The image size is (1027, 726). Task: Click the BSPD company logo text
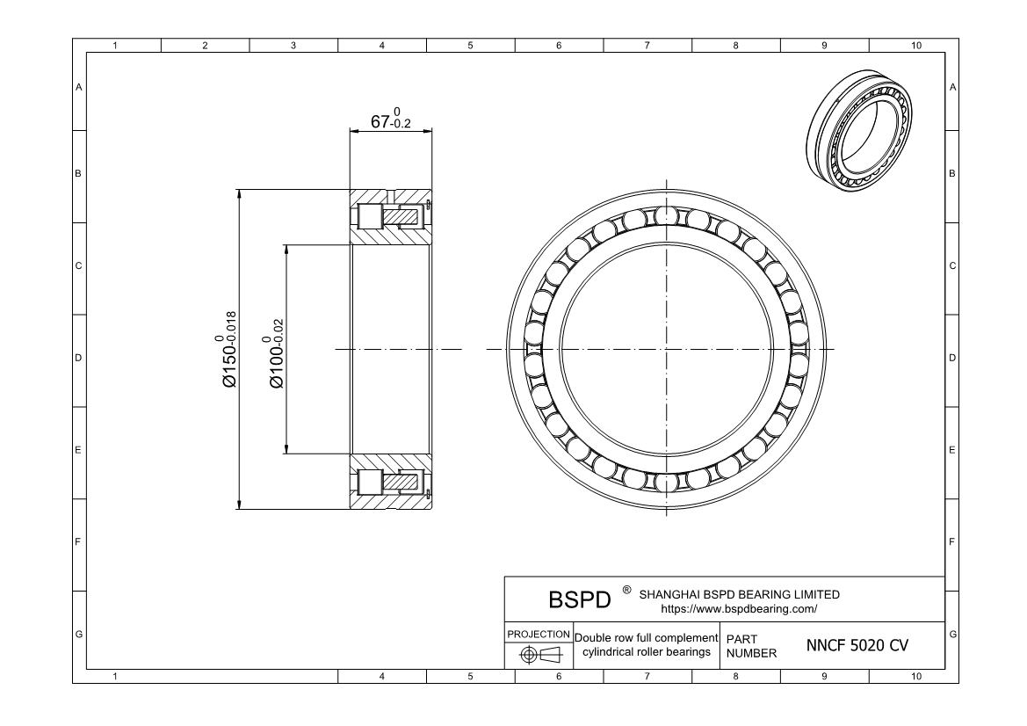pyautogui.click(x=579, y=599)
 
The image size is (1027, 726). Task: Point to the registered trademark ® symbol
pyautogui.click(x=626, y=591)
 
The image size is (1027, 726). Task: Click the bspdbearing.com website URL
pyautogui.click(x=739, y=608)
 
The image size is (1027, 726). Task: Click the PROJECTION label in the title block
pyautogui.click(x=538, y=634)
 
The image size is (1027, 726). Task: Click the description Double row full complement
pyautogui.click(x=646, y=636)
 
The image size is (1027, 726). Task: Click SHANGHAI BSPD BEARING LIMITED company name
pyautogui.click(x=739, y=594)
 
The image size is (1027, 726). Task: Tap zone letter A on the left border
pyautogui.click(x=79, y=87)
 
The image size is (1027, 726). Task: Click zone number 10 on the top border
pyautogui.click(x=916, y=46)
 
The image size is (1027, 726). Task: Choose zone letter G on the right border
pyautogui.click(x=953, y=635)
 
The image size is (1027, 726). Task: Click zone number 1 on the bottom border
pyautogui.click(x=116, y=677)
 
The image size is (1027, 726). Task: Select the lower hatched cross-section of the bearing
pyautogui.click(x=391, y=483)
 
